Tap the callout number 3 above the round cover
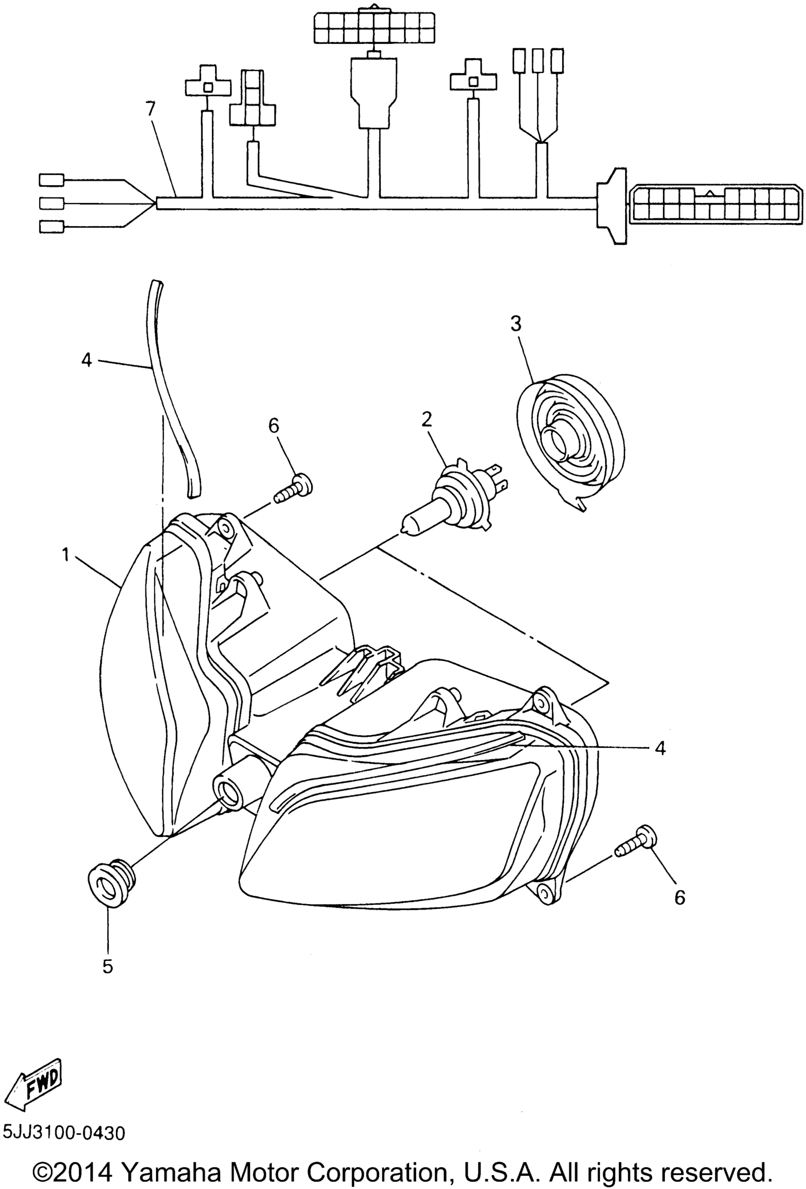pos(516,324)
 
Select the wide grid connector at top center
pos(375,27)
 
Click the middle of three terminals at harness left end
pos(52,203)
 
